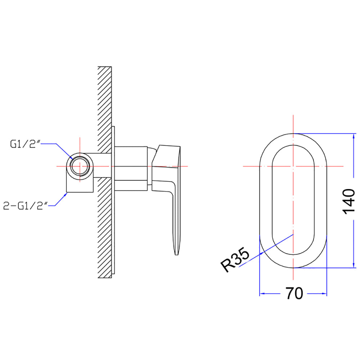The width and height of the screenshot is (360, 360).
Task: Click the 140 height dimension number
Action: point(348,201)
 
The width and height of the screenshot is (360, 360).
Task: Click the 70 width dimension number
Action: point(294,293)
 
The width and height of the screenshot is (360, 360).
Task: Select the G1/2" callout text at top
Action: point(25,144)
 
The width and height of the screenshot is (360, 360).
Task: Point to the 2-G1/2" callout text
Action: point(25,206)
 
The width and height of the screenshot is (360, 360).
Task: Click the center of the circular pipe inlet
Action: point(80,166)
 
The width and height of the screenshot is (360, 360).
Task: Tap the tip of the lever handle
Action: point(176,255)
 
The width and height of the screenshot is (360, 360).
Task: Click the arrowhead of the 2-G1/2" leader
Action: point(66,194)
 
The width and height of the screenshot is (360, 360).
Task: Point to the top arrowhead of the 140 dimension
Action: point(354,136)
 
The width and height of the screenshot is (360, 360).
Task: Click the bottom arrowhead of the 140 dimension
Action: point(354,265)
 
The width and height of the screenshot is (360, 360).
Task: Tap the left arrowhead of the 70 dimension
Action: point(262,293)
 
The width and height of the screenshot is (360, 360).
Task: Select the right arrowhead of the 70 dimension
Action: point(324,293)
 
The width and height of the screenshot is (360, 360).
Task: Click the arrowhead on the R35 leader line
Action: point(262,253)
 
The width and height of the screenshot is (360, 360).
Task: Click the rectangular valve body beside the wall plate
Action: point(131,168)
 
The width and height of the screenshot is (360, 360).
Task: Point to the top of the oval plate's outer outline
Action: point(293,134)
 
